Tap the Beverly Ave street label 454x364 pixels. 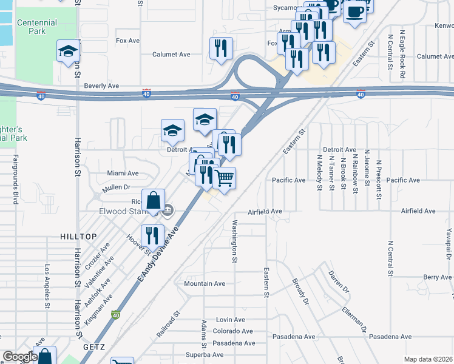click(101, 86)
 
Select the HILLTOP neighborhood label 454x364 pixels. click(78, 235)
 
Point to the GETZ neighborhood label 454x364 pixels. click(94, 346)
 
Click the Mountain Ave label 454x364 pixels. click(205, 283)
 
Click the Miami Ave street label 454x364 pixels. click(123, 173)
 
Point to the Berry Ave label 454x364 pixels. click(438, 277)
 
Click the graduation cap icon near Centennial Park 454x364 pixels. click(69, 51)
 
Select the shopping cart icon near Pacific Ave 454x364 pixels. click(224, 178)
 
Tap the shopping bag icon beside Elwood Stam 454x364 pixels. click(154, 200)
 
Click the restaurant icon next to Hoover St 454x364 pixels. click(152, 235)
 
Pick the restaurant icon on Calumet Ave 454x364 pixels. click(221, 48)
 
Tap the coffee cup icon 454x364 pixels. click(354, 11)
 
